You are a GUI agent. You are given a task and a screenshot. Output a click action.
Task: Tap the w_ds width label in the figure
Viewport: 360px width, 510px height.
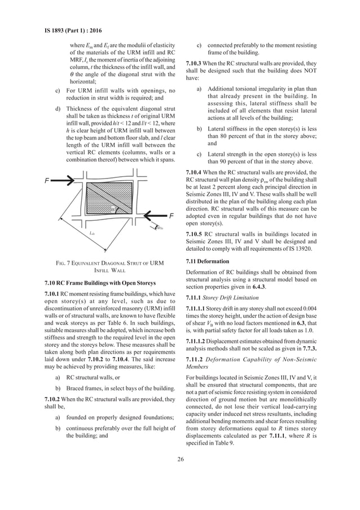160,228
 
